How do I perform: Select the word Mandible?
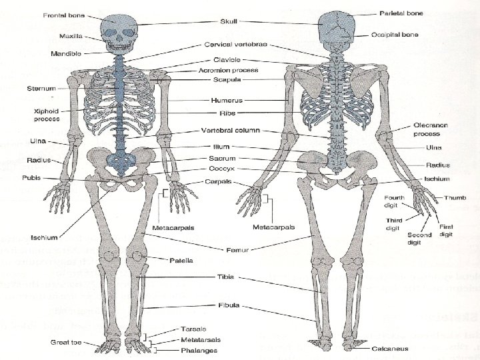(66, 53)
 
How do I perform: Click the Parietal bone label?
(401, 13)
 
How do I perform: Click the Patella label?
(181, 260)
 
